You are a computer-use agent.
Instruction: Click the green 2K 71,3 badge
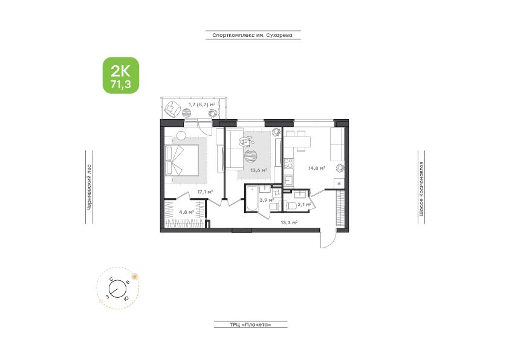(x=121, y=76)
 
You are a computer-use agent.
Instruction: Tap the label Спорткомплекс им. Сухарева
(x=253, y=35)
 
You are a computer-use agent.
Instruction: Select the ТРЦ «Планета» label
(x=250, y=324)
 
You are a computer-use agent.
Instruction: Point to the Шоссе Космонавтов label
(x=421, y=188)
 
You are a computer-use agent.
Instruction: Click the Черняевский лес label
(x=89, y=187)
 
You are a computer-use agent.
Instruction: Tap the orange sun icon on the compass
(x=135, y=277)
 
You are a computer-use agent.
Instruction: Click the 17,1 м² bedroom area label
(x=205, y=192)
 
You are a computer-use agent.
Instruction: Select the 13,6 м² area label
(x=259, y=170)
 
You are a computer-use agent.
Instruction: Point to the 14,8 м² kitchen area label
(x=317, y=169)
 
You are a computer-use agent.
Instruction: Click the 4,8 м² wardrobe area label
(x=186, y=213)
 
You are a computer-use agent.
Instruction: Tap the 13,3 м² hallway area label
(x=289, y=223)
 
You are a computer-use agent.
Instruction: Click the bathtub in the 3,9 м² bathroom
(x=251, y=198)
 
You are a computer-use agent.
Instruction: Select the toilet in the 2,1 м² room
(x=292, y=205)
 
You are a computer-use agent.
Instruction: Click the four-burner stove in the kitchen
(x=288, y=164)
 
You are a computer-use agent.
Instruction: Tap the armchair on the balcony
(x=173, y=108)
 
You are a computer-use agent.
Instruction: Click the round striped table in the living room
(x=252, y=156)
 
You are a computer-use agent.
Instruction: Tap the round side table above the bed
(x=181, y=135)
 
